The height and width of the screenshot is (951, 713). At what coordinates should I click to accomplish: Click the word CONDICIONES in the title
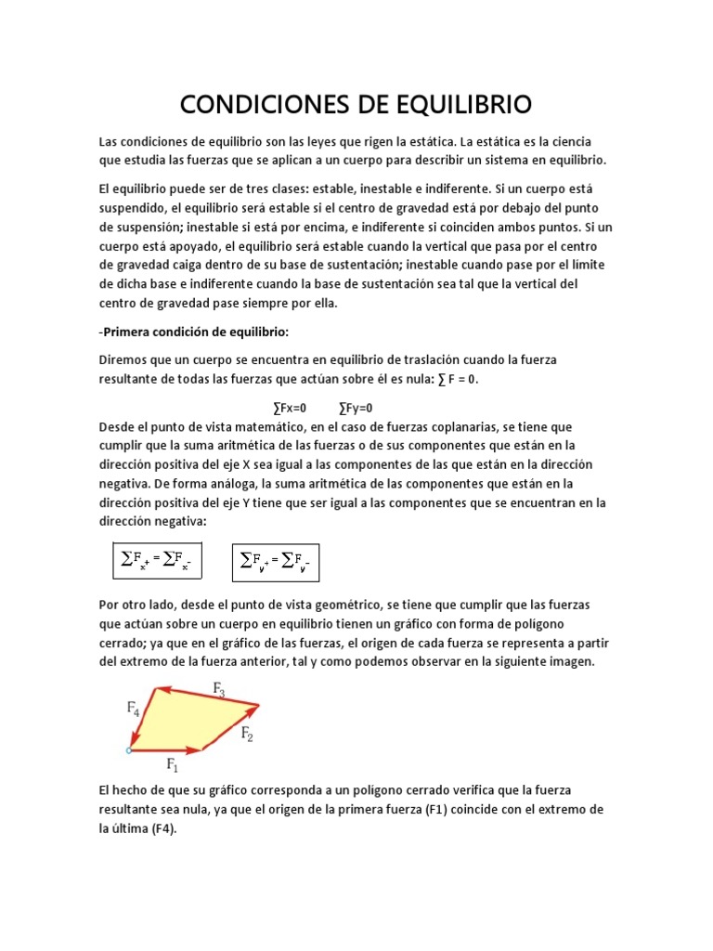(257, 104)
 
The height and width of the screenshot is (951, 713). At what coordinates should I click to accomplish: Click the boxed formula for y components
(275, 560)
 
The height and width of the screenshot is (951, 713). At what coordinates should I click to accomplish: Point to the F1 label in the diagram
(172, 764)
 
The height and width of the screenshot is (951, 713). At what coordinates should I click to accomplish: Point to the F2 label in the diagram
(248, 734)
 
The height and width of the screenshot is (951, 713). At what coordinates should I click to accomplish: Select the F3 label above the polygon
(219, 688)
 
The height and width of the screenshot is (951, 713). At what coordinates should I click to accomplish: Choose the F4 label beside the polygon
(134, 708)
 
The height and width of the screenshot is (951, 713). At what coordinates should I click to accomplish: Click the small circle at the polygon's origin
(129, 749)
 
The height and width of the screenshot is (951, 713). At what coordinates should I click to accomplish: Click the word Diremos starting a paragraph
(123, 359)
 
